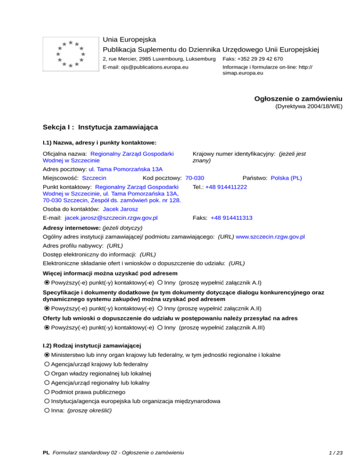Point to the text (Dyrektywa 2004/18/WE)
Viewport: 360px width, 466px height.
pos(308,106)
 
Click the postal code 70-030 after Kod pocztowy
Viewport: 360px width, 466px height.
pos(195,178)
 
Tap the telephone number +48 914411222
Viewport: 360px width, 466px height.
pos(226,187)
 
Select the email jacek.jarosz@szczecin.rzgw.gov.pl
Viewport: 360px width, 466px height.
pos(111,218)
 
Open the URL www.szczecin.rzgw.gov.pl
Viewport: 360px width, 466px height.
pos(270,238)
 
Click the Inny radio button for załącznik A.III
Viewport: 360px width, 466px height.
pos(160,328)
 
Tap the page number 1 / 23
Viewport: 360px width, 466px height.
pos(336,453)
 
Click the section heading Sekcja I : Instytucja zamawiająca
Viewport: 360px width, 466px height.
pos(100,127)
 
